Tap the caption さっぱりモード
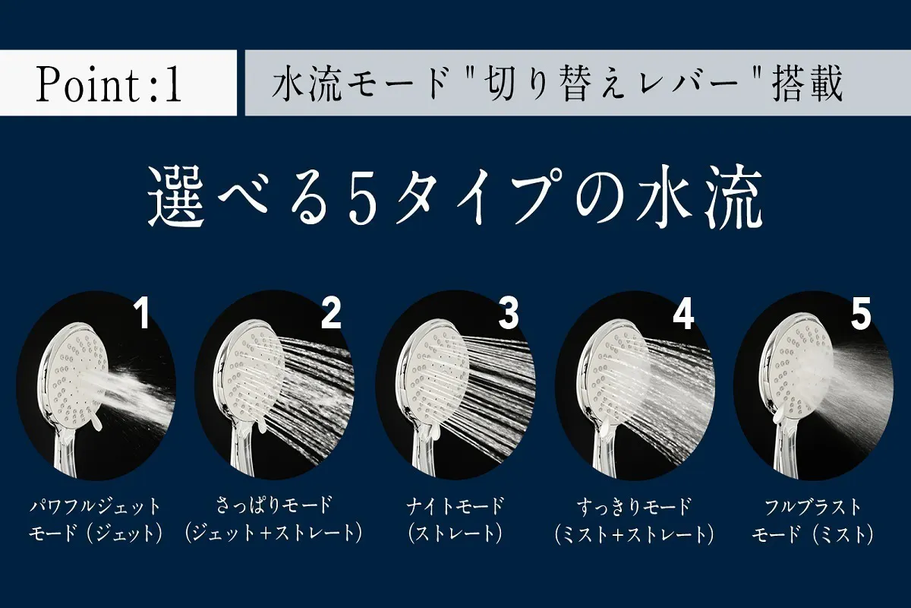pyautogui.click(x=274, y=506)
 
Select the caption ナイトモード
pyautogui.click(x=455, y=506)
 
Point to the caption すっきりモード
pyautogui.click(x=634, y=506)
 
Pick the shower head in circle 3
pyautogui.click(x=429, y=379)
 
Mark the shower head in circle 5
pyautogui.click(x=790, y=379)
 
